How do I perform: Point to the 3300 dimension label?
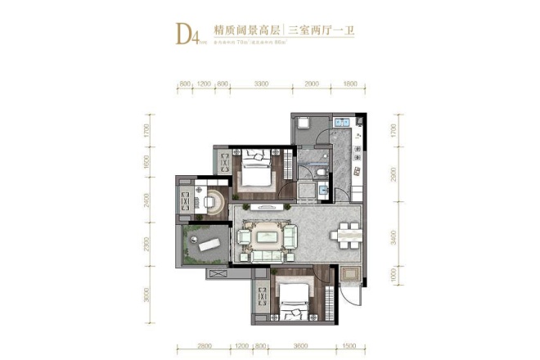(x=263, y=84)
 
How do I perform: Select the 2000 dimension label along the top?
(x=313, y=84)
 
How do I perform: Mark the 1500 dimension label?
(x=349, y=346)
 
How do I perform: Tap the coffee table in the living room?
(x=268, y=237)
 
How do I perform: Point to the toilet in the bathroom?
(x=320, y=162)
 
